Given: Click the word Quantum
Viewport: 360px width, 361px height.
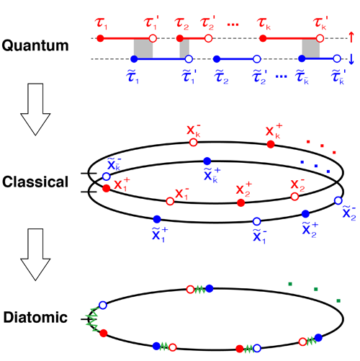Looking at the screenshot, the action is (35, 45).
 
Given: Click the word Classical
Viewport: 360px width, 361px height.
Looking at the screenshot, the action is (35, 182).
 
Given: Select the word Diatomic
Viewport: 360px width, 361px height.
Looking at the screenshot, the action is (35, 318).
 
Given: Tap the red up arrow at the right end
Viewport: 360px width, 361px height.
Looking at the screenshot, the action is (351, 37).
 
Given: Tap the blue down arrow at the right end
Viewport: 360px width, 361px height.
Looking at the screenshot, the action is (351, 59).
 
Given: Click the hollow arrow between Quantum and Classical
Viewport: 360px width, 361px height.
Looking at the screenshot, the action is (35, 110).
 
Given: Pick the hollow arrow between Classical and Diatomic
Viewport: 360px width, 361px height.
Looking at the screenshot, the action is (35, 254).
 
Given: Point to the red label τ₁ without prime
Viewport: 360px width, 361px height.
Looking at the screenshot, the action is (101, 24).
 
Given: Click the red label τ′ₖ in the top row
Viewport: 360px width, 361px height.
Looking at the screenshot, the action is (320, 23).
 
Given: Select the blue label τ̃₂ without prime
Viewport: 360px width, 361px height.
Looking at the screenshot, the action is (221, 78).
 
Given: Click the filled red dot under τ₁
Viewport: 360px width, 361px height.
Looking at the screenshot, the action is (100, 38).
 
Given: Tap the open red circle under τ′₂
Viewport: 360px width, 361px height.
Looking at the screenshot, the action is (209, 38).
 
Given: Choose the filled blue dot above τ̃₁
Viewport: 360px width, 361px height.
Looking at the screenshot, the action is (134, 59).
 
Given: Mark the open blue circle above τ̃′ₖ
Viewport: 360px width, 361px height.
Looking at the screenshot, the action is (337, 58).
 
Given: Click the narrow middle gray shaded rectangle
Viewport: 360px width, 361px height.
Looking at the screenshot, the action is (184, 48).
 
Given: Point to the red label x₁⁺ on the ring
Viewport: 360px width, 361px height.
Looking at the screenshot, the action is (122, 184).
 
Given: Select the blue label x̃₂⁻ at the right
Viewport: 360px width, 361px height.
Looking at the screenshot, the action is (349, 213).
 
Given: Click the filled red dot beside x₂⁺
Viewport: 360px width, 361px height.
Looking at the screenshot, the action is (240, 202).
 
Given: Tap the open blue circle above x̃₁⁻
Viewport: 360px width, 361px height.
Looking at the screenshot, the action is (257, 221).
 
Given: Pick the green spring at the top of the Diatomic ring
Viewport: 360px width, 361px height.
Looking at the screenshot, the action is (199, 290).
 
